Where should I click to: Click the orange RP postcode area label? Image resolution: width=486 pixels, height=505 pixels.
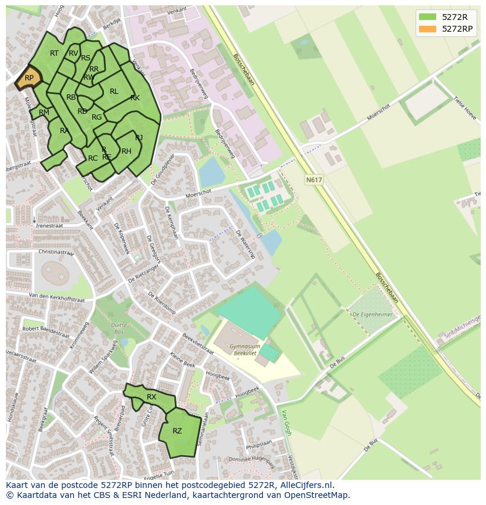29,77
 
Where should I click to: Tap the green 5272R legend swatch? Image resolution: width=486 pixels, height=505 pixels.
428,16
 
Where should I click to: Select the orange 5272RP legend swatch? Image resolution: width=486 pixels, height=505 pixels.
428,28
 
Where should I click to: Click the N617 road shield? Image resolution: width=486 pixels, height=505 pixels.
314,180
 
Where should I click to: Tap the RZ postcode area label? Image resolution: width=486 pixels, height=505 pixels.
177,431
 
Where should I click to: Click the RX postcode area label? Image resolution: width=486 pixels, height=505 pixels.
151,397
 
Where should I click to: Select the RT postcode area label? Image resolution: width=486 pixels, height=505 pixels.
54,53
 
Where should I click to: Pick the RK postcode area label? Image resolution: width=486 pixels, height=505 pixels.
135,98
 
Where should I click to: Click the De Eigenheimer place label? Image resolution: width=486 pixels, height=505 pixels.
372,314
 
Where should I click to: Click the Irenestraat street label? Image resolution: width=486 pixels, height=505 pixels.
50,225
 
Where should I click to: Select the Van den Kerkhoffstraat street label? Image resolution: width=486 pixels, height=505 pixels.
56,297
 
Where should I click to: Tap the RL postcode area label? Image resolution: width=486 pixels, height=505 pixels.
114,91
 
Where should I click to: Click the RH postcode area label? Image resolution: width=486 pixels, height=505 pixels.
126,151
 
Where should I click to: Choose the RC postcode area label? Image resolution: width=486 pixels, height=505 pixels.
93,158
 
